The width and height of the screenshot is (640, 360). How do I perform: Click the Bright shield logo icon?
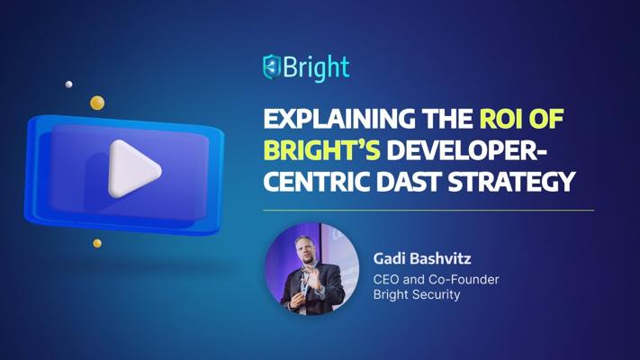tap(272, 67)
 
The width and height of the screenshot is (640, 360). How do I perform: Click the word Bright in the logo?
tap(316, 67)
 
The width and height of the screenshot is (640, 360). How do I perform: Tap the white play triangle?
tap(133, 167)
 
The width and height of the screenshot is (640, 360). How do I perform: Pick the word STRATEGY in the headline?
tap(515, 181)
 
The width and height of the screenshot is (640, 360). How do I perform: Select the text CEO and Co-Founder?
tap(436, 279)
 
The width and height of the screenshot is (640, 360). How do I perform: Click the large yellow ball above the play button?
tap(97, 103)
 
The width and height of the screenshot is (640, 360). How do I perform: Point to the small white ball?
tap(68, 85)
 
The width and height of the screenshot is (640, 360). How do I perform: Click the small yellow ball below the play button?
tap(97, 243)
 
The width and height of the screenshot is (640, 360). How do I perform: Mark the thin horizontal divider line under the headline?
tap(428, 210)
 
